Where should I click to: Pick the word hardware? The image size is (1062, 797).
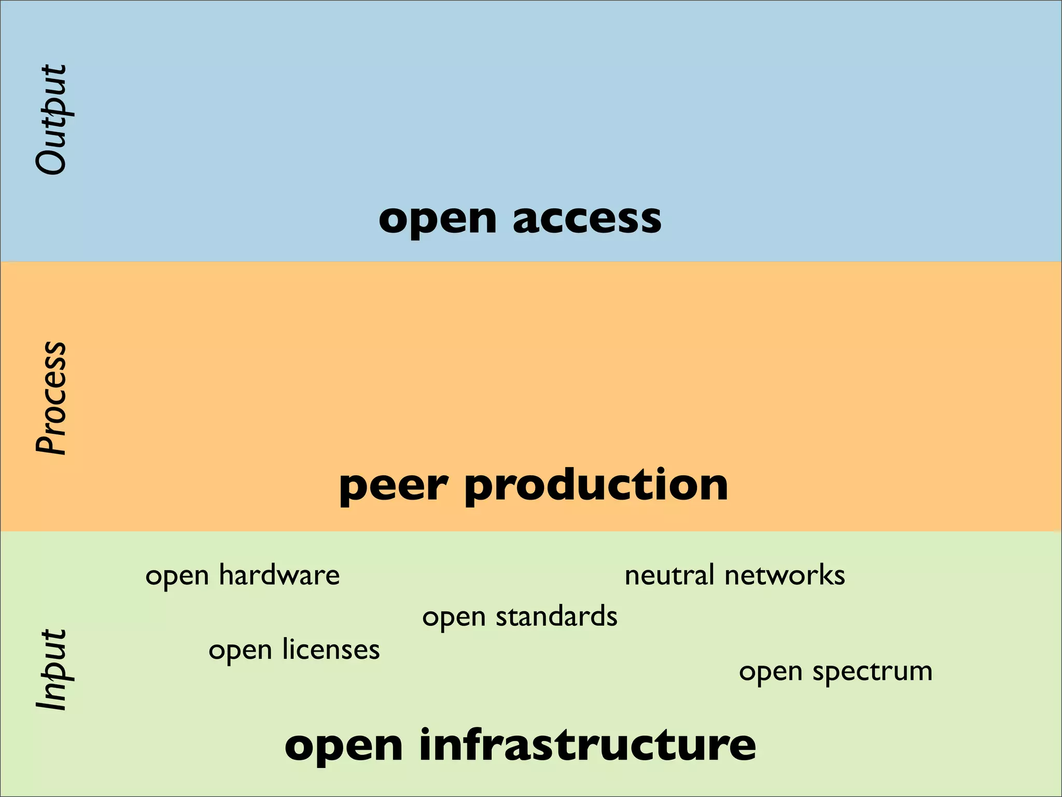pos(279,575)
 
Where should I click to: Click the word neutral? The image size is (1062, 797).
pos(669,575)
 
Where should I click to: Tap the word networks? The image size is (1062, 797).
pos(785,575)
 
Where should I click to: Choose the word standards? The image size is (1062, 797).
pos(556,616)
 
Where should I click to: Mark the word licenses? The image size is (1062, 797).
pos(331,650)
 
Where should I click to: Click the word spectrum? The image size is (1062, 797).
pos(872,672)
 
